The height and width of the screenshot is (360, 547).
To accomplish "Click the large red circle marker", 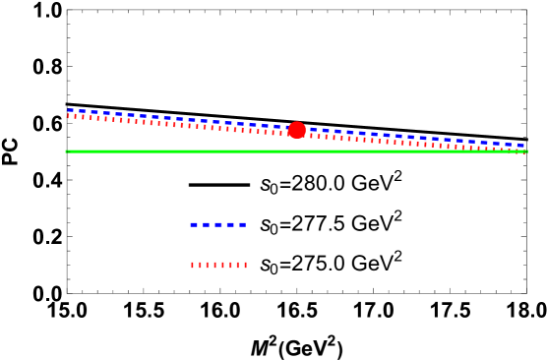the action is (x=297, y=130).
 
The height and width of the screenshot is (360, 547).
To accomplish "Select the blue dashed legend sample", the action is (x=218, y=225).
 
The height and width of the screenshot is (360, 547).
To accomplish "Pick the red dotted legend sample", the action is (x=218, y=265).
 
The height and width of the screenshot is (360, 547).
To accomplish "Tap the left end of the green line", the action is (x=66, y=151).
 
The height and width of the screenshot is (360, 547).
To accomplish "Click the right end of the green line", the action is (x=527, y=151).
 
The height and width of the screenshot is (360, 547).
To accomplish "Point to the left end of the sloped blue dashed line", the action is (x=68, y=110).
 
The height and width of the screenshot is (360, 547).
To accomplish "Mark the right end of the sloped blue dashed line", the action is (x=523, y=146).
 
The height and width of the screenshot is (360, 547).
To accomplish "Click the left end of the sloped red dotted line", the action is (x=68, y=116).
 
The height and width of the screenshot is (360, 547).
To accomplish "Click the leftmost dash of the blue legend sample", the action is (x=195, y=225).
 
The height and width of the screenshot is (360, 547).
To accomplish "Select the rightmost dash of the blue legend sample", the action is (x=242, y=225).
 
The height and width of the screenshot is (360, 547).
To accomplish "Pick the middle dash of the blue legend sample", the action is (x=218, y=225).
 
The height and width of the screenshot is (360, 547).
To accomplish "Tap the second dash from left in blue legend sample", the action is (x=207, y=225).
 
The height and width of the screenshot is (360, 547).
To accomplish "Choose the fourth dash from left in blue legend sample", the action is (x=230, y=225).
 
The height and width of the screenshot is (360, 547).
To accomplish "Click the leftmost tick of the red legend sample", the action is (x=193, y=265).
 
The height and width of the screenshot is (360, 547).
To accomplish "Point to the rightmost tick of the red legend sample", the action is (x=246, y=265).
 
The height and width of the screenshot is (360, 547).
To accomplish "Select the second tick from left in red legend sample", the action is (x=200, y=265).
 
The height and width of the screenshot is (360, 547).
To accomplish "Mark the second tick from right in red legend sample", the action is (x=238, y=265).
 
